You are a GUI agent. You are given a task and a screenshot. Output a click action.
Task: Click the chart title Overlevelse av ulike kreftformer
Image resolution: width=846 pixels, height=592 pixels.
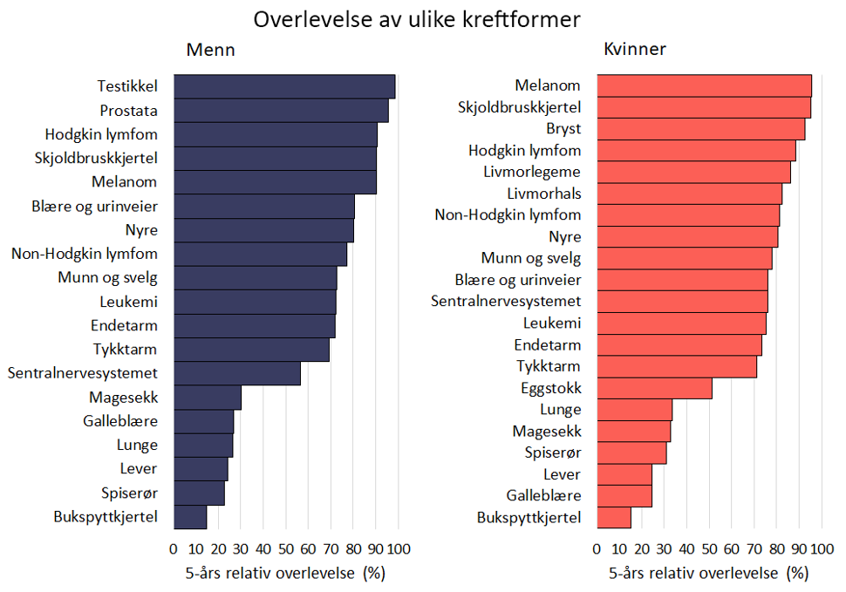[417, 19]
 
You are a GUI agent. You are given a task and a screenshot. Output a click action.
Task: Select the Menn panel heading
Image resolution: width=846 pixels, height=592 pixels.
[210, 50]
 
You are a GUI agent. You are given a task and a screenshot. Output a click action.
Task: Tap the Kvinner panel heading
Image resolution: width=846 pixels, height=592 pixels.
[635, 50]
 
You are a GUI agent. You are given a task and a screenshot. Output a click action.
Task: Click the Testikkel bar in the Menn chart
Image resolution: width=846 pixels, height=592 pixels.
[284, 86]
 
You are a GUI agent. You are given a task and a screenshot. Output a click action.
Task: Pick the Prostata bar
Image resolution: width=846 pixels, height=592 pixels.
[281, 111]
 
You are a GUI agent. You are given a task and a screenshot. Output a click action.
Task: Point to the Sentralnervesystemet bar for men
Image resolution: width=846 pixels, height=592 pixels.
[237, 373]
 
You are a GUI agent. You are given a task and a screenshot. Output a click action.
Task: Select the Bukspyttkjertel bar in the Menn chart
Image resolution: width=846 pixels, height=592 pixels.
[190, 516]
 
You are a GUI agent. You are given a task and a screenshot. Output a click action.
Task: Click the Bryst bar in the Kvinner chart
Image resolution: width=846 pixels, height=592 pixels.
[700, 129]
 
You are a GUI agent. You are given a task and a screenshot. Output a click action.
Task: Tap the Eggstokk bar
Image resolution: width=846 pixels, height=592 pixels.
[654, 388]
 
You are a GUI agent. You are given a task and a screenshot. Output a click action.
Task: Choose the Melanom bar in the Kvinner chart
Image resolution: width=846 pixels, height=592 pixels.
[704, 85]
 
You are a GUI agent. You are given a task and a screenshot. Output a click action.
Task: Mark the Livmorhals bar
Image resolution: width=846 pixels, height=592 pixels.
[689, 194]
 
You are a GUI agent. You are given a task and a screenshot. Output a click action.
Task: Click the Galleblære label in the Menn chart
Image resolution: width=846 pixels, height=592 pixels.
[120, 421]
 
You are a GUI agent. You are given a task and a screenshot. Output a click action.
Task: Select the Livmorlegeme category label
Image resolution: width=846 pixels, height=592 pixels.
[532, 172]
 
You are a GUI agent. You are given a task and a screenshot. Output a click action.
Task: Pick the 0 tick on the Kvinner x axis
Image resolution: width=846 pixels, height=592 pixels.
[597, 549]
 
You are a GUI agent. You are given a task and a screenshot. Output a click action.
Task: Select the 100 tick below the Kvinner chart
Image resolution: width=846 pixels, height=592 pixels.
[821, 549]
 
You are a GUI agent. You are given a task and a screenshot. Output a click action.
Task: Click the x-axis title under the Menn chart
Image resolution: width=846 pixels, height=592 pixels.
[284, 573]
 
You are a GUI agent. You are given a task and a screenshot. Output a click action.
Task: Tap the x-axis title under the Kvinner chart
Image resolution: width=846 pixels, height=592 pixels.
[707, 573]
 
